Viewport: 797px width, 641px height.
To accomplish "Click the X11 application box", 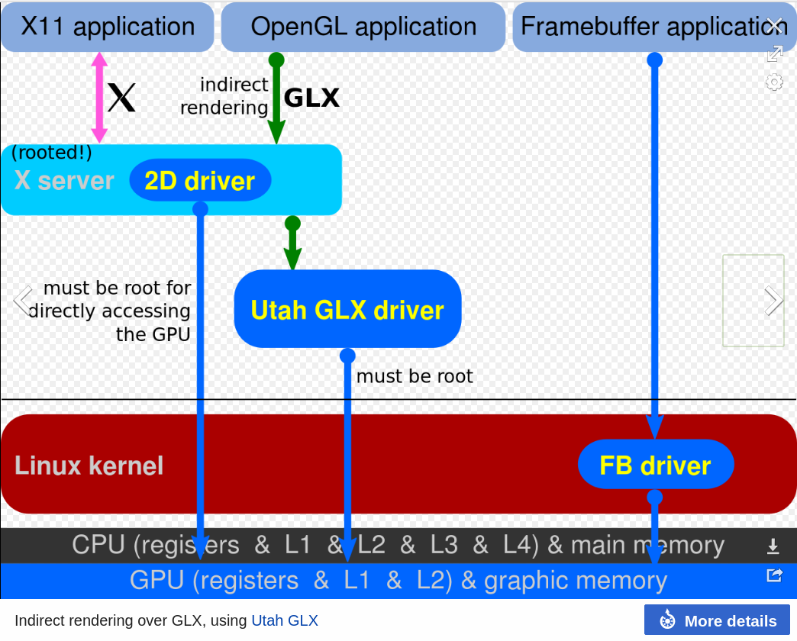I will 107,27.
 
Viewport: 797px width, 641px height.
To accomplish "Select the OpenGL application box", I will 363,27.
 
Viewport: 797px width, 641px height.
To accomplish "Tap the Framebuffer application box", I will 641,27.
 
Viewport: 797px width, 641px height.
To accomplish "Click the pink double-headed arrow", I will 99,97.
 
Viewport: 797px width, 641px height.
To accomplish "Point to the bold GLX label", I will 311,98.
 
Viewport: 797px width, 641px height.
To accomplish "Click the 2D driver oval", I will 200,181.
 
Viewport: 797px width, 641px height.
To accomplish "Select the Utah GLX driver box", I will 347,309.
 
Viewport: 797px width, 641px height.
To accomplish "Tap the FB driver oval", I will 655,465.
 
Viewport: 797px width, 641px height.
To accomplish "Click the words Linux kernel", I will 89,465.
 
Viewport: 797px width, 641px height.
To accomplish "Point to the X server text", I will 64,181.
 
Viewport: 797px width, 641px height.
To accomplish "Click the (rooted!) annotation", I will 52,153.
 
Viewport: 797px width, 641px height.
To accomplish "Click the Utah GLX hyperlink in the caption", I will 284,620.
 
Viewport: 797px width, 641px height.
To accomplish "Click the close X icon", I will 774,25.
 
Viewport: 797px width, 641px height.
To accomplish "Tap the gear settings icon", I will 774,82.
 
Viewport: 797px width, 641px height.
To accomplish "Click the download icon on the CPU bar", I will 773,546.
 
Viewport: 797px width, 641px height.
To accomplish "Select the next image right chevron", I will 773,301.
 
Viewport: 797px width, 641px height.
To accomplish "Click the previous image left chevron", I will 23,301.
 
